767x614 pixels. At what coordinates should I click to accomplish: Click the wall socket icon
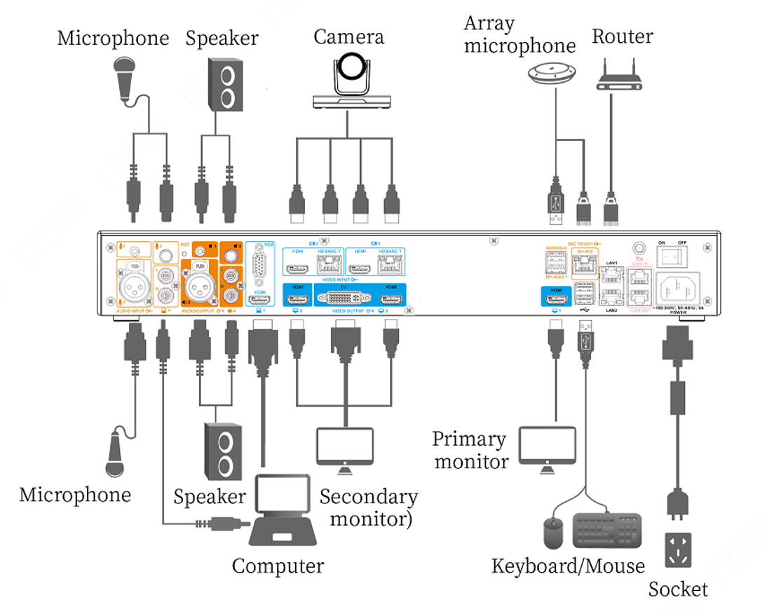point(678,550)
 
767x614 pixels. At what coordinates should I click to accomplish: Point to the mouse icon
point(554,533)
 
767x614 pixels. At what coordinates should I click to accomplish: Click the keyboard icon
point(607,531)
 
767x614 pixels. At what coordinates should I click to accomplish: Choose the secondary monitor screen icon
point(344,446)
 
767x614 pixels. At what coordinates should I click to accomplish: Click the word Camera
point(348,36)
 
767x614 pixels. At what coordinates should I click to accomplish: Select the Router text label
point(623,36)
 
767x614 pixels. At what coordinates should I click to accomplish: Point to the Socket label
point(678,589)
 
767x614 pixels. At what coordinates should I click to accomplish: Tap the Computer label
point(278,566)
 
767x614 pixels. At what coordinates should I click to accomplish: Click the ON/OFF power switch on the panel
point(670,257)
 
